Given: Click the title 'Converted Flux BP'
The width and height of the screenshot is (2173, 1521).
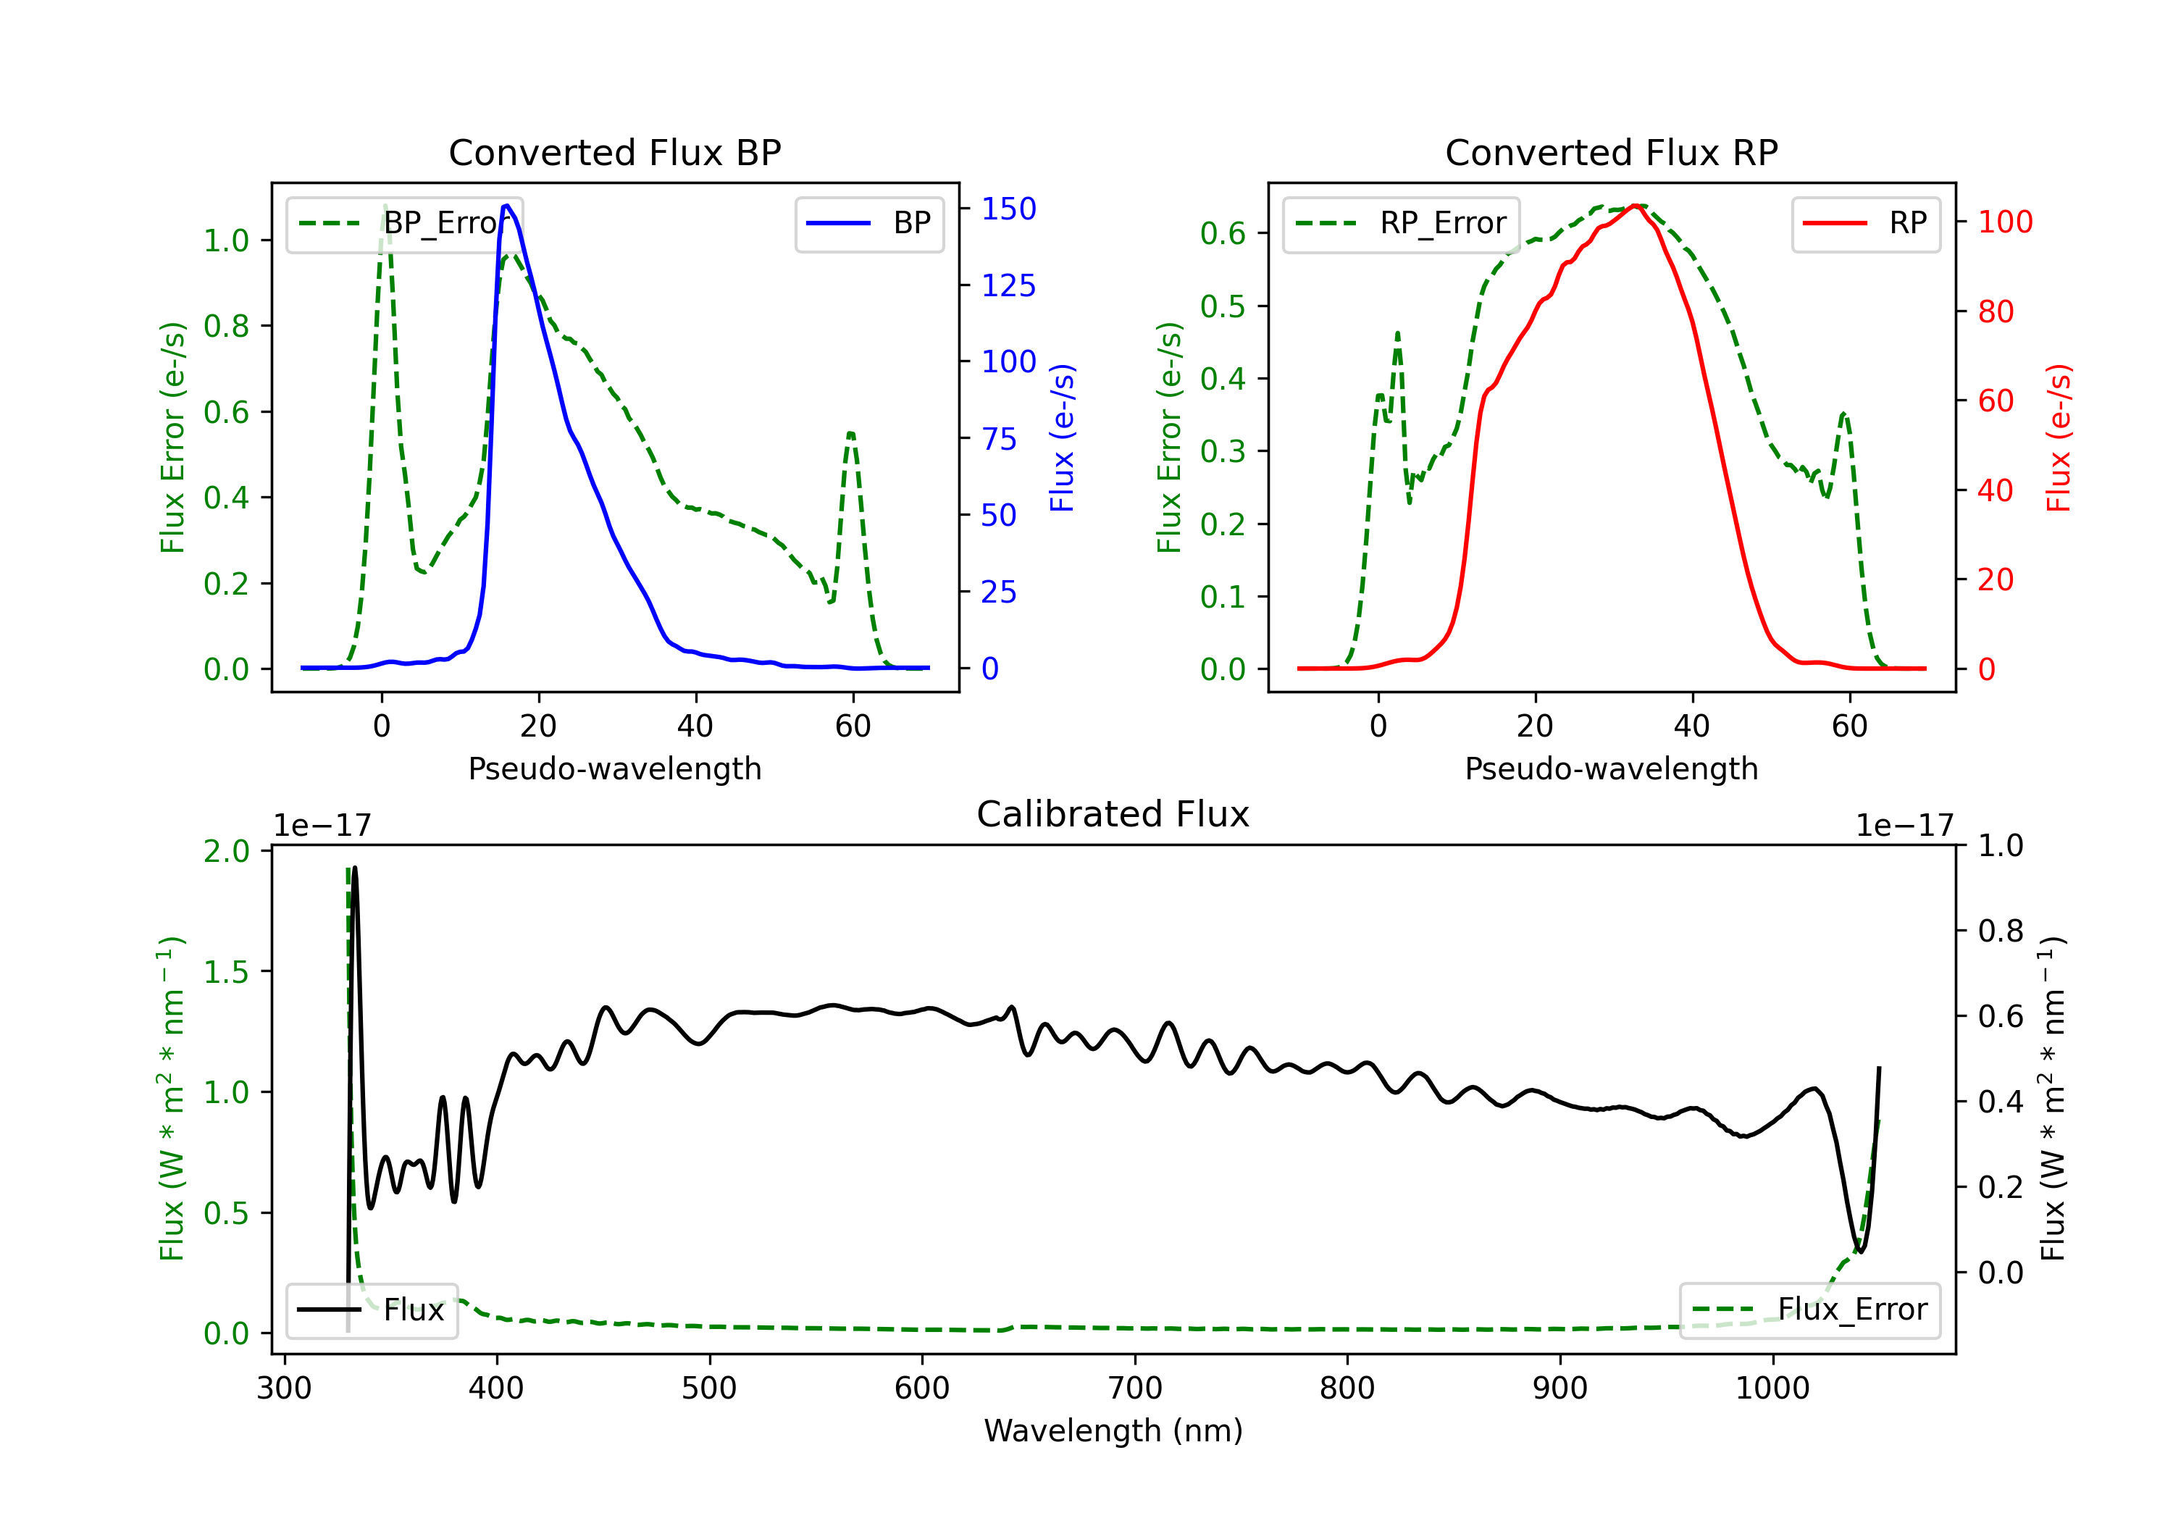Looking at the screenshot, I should (x=614, y=152).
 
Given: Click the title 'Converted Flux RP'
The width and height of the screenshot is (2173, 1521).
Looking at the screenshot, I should (x=1611, y=152).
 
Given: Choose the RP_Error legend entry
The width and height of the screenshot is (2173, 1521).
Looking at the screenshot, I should (x=1401, y=223).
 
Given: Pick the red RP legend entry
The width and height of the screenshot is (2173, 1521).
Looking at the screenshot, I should (x=1865, y=223).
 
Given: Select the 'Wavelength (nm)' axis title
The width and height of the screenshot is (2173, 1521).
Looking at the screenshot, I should (x=1113, y=1430).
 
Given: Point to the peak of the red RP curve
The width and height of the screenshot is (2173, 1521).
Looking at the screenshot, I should (x=1635, y=206).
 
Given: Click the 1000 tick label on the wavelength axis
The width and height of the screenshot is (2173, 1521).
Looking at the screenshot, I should (x=1772, y=1388).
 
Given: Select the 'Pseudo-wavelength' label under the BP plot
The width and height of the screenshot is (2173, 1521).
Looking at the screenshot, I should (x=614, y=768).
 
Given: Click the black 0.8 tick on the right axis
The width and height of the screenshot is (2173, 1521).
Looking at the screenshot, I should (x=2000, y=931).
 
